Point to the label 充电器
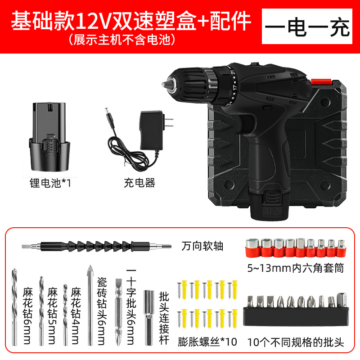[139, 183]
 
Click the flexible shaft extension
[96, 246]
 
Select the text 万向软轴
[202, 246]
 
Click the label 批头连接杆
[164, 317]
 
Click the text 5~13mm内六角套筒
[295, 269]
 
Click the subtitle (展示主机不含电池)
[121, 40]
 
